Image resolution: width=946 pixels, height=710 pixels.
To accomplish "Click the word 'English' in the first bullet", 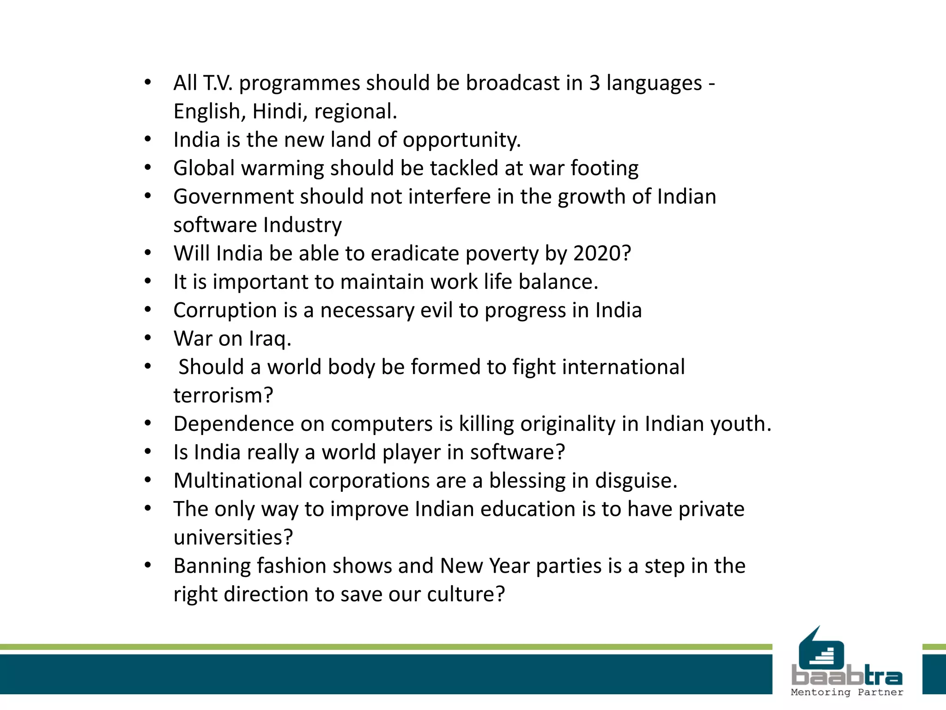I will [206, 112].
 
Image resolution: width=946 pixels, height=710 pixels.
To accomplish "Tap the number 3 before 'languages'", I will [594, 83].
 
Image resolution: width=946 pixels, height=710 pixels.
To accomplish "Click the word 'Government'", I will [233, 197].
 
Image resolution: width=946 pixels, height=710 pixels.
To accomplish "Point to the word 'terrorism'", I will [219, 396].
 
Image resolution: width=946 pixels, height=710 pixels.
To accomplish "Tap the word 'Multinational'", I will [238, 481].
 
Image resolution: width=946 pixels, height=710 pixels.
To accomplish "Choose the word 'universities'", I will [229, 538].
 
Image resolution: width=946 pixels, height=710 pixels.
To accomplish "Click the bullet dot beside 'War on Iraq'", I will [148, 338].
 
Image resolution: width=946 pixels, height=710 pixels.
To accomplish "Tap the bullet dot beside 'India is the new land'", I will [148, 139].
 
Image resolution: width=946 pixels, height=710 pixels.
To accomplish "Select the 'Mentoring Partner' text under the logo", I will [847, 692].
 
